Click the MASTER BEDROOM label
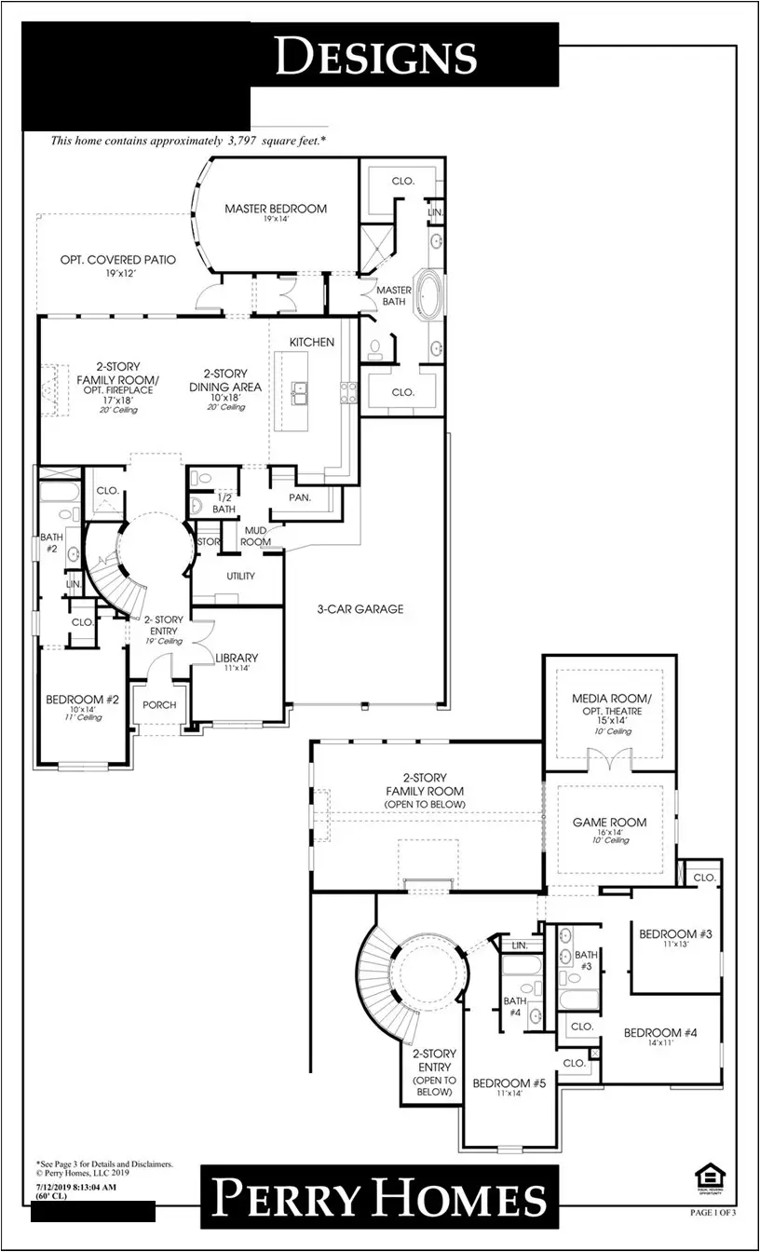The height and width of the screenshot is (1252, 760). tap(276, 209)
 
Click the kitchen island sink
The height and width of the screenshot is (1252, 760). tap(301, 394)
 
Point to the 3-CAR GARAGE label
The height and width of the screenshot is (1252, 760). tap(359, 609)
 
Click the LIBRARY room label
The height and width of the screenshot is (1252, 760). tap(237, 659)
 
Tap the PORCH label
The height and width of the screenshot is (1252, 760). tap(159, 705)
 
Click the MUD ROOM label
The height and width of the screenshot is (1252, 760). tap(257, 536)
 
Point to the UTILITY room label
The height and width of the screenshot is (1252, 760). tap(240, 577)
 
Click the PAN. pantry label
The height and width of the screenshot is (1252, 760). tap(299, 497)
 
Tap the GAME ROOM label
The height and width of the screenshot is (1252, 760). tap(609, 823)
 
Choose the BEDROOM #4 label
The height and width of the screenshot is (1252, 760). tap(660, 1032)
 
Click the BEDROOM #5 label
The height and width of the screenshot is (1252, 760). tap(509, 1083)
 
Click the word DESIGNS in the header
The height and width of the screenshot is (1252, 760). tap(376, 58)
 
